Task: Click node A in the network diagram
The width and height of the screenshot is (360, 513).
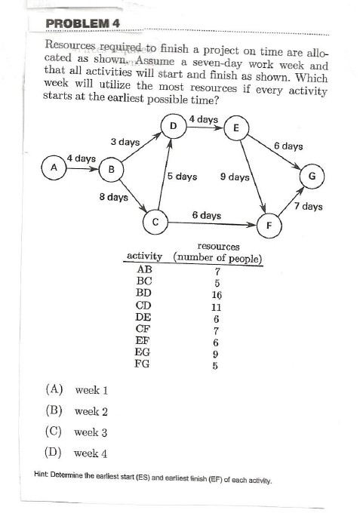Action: point(53,167)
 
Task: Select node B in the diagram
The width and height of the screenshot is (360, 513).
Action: point(112,169)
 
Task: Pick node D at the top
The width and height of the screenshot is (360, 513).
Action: point(174,124)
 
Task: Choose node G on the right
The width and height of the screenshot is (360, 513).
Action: point(312,177)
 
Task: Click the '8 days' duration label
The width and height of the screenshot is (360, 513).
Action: point(113,197)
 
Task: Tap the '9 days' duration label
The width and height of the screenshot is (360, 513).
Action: point(235,177)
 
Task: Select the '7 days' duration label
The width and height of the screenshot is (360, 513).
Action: point(308,206)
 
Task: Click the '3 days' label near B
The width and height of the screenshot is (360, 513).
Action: point(125,142)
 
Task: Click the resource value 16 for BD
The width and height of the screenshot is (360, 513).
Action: point(217,295)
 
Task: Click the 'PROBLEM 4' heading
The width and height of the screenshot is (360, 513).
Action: point(83,23)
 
